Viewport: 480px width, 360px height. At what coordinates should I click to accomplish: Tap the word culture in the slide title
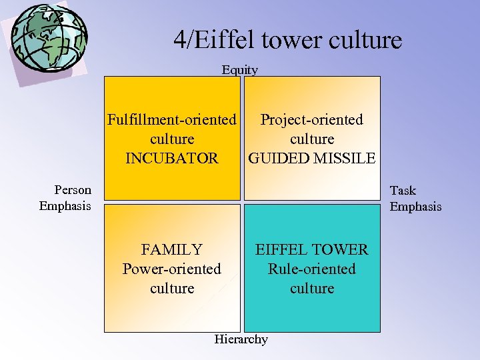tap(364, 41)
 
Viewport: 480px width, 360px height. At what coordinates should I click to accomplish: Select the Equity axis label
tap(240, 69)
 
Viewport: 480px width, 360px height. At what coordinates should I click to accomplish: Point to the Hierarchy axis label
tap(241, 339)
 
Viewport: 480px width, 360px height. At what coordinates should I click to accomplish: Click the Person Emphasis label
tap(65, 198)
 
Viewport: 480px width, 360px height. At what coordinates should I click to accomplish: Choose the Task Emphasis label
tap(415, 199)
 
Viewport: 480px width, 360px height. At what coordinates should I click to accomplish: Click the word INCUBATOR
tap(172, 159)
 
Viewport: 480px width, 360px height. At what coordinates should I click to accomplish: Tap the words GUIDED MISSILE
tap(312, 159)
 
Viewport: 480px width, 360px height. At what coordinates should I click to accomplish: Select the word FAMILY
tap(172, 250)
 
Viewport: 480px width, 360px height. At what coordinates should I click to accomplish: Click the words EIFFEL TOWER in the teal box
tap(312, 250)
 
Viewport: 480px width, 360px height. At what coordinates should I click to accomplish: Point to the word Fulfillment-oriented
tap(172, 120)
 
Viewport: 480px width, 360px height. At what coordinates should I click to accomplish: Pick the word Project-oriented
tap(312, 120)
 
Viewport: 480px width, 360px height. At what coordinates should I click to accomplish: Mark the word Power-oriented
tap(172, 269)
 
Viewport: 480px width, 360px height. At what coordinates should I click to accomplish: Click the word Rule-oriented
tap(312, 269)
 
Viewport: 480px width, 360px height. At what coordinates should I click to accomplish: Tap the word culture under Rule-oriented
tap(312, 289)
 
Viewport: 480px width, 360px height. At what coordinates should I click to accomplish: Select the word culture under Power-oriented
tap(172, 289)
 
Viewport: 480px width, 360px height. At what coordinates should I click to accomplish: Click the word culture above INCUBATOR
tap(172, 139)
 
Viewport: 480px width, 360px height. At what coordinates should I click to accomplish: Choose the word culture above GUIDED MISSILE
tap(312, 139)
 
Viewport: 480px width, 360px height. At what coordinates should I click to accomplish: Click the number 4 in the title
tap(180, 41)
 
